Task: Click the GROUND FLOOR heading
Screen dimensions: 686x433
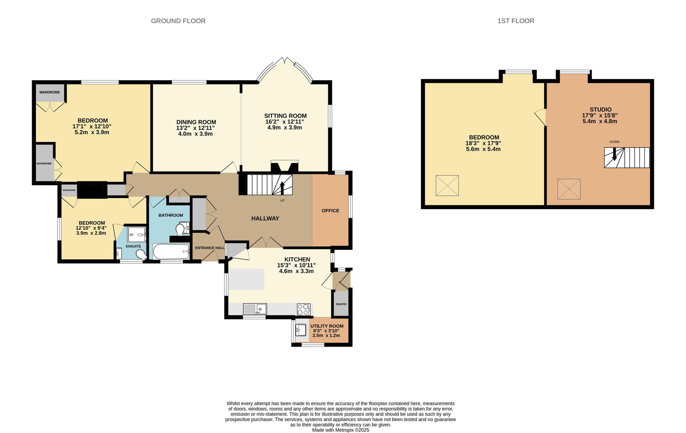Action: tap(178, 21)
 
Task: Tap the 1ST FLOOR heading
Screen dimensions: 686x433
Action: tap(516, 21)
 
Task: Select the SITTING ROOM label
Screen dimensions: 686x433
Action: tap(286, 116)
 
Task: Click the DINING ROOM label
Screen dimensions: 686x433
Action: tap(196, 122)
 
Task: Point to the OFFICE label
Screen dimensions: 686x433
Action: tap(331, 210)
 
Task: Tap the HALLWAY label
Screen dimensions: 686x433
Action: tap(265, 218)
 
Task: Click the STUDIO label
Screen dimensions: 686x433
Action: tap(601, 110)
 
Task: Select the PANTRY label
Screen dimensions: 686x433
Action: tap(341, 304)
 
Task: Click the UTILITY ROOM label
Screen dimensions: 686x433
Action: tap(327, 326)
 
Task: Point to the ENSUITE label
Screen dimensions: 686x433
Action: tap(133, 246)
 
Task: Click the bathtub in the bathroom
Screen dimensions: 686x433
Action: tap(171, 251)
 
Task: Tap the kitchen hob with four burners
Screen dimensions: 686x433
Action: tap(304, 309)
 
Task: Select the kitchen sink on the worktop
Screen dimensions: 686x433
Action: tap(255, 309)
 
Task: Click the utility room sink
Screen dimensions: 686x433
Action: tap(301, 330)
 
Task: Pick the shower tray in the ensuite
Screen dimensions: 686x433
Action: tap(137, 235)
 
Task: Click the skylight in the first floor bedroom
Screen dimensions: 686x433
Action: tap(447, 185)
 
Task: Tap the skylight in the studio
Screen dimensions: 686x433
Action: tap(569, 189)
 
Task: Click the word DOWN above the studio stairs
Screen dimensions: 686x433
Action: tap(614, 142)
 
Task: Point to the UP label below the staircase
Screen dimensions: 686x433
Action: tap(282, 201)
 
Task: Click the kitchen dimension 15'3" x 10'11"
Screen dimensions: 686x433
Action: tap(296, 265)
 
